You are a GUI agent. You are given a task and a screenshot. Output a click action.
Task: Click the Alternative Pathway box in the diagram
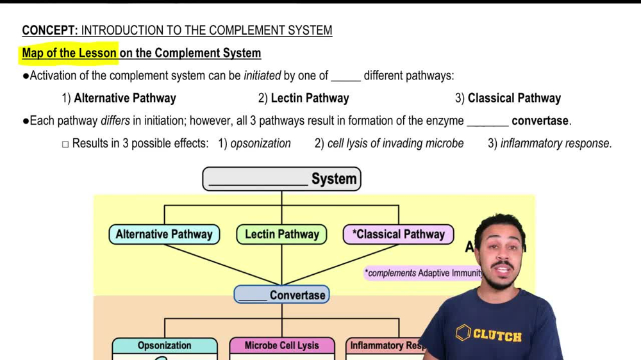point(164,234)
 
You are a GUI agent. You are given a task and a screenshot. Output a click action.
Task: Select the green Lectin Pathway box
point(281,234)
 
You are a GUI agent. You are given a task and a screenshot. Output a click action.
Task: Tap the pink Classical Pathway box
point(398,234)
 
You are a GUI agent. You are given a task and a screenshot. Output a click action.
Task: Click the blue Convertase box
point(281,295)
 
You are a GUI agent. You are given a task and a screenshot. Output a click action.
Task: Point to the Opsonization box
point(164,346)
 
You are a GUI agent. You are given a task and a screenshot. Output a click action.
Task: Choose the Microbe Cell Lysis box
point(281,346)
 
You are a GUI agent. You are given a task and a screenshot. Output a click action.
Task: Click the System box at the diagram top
point(281,179)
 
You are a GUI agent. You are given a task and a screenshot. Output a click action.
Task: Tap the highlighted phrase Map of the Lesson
point(69,53)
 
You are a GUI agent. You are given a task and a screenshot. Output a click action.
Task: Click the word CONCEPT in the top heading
point(49,30)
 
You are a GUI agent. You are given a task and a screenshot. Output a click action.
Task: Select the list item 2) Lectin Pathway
point(303,98)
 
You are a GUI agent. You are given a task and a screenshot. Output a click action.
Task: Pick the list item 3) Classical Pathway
point(508,98)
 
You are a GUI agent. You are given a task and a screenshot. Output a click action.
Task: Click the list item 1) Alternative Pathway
point(119,98)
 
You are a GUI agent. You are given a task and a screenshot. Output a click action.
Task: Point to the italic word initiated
point(262,76)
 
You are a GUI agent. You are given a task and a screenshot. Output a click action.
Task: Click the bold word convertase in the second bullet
point(540,120)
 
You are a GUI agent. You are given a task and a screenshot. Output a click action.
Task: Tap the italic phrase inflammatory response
point(556,143)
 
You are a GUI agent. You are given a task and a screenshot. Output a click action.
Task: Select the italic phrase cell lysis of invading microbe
point(395,143)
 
